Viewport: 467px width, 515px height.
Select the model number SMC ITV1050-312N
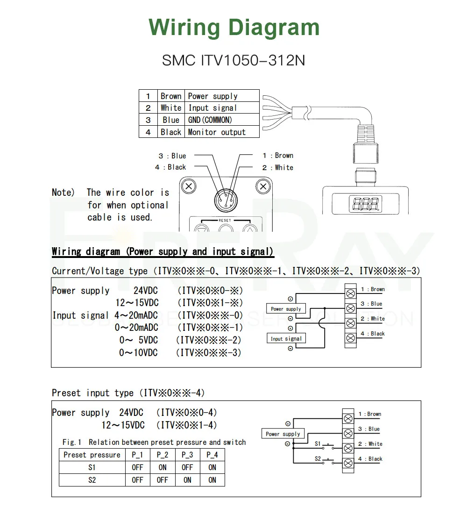[233, 60]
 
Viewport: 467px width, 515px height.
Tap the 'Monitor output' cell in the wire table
[217, 132]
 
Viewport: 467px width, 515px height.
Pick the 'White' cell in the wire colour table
[171, 108]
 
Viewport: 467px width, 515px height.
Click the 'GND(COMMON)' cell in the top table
[210, 120]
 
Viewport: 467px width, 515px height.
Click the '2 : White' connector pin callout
[278, 168]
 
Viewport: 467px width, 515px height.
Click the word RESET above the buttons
[225, 220]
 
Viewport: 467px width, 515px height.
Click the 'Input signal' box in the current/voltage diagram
[286, 338]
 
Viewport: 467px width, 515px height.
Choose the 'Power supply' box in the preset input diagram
[283, 434]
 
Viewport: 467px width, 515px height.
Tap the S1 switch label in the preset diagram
[318, 443]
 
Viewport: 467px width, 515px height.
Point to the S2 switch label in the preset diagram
[318, 458]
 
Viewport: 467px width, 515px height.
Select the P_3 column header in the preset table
[187, 455]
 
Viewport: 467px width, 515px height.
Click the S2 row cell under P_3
[187, 480]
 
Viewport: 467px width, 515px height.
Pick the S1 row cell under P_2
[163, 467]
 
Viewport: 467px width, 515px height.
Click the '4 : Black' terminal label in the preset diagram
[370, 459]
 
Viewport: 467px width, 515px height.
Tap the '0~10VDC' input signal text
[139, 353]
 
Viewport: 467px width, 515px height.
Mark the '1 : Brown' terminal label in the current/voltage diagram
[373, 289]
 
